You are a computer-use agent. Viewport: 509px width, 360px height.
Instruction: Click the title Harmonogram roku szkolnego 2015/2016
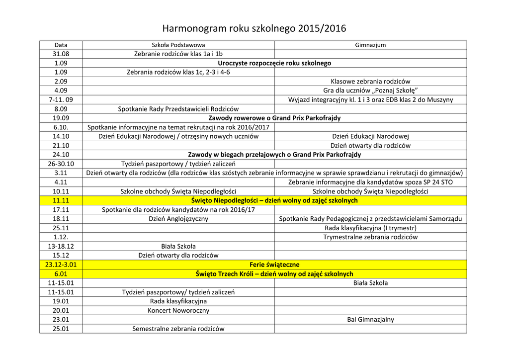point(254,28)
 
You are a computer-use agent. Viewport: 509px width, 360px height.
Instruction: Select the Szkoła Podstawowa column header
point(178,45)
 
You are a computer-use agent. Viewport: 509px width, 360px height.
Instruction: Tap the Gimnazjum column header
point(370,45)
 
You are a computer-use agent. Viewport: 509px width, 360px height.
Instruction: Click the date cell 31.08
point(61,54)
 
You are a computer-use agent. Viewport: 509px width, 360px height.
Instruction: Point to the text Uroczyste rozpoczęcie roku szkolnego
point(274,63)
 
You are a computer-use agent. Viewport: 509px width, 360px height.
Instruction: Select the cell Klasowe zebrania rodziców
point(370,81)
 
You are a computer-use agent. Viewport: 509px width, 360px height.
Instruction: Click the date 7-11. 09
point(61,99)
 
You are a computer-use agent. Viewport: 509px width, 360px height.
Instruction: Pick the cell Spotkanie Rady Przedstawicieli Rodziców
point(178,109)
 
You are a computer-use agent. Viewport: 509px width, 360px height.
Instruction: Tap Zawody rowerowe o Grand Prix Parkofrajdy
point(274,118)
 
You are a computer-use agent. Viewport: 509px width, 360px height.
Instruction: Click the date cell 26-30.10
point(61,164)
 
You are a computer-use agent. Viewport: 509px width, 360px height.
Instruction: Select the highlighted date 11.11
point(61,200)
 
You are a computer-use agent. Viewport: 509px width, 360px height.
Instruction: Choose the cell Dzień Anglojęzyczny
point(178,219)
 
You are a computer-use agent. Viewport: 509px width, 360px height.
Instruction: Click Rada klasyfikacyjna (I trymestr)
point(370,228)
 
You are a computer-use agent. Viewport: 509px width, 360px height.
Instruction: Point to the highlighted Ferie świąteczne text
point(274,265)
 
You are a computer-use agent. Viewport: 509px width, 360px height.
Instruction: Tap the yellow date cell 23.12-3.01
point(61,265)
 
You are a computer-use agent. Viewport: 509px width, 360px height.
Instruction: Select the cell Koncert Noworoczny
point(178,310)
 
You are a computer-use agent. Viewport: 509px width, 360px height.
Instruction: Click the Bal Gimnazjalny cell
point(370,319)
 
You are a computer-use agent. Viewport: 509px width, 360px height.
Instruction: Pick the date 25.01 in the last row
point(61,329)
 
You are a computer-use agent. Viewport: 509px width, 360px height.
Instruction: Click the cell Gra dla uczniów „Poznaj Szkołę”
point(370,90)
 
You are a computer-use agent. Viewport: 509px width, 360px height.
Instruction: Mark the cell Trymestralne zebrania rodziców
point(370,237)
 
